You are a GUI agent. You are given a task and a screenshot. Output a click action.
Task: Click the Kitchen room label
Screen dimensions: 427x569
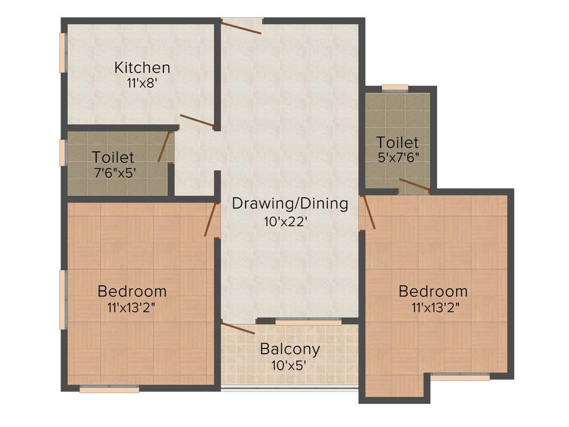142,68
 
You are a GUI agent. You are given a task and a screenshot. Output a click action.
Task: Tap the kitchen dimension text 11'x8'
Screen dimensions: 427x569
142,83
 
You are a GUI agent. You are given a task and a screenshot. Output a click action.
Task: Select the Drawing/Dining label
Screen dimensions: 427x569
290,203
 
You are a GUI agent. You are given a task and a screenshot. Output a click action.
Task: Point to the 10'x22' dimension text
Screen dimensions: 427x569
286,222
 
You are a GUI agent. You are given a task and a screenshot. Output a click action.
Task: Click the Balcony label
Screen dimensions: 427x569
290,350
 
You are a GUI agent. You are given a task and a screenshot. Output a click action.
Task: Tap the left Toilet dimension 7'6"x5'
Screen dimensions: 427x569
113,172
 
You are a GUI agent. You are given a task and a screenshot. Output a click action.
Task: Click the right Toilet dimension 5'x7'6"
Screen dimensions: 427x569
397,157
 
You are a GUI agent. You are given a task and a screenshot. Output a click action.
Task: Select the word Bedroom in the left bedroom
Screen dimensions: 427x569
132,291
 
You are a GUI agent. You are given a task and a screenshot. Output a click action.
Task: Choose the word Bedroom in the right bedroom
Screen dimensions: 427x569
433,291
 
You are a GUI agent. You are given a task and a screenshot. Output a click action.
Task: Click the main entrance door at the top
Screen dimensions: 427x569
241,27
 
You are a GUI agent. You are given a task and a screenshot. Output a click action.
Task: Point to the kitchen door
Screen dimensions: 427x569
197,121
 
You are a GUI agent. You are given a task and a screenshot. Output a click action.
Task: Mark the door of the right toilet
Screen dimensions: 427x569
414,185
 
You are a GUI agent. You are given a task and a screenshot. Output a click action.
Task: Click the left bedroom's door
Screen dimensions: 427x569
210,219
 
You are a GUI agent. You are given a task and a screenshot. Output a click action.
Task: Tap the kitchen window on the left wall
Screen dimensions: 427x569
63,53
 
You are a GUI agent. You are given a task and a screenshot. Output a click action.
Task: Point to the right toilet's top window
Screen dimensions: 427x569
395,88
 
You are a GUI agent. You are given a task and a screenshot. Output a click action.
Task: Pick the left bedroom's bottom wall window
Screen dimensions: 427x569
109,389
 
